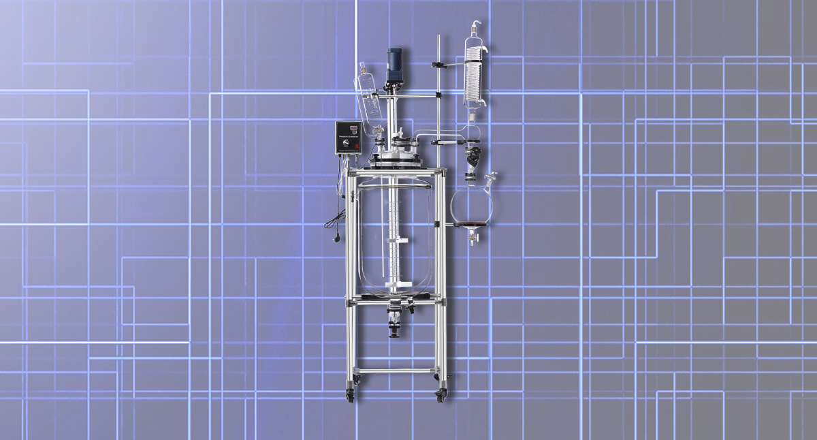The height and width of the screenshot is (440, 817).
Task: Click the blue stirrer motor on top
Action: coord(394,62)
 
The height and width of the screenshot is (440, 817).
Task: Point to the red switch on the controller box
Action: coord(355,146)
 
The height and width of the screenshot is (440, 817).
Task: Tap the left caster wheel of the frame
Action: coord(351,395)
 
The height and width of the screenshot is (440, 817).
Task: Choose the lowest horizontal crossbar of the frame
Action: coord(396,371)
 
